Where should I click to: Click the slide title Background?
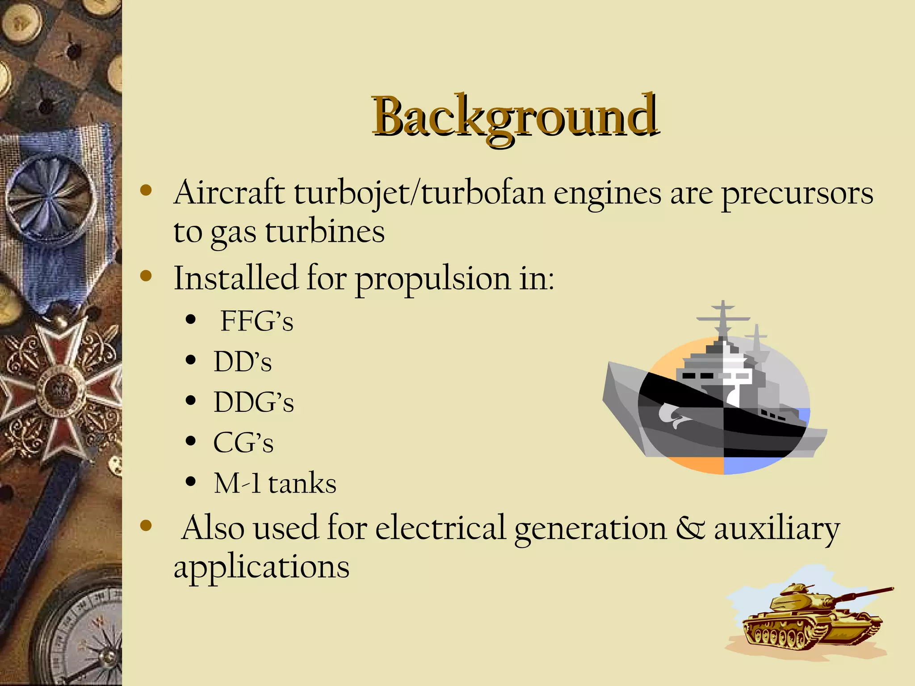point(515,117)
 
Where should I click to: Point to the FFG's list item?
point(257,321)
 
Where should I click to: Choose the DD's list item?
point(243,361)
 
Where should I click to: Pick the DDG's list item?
point(253,402)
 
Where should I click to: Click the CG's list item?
point(243,443)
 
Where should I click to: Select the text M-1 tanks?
point(275,483)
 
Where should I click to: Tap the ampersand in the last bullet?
point(690,528)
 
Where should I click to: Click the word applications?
point(261,567)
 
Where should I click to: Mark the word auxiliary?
point(776,529)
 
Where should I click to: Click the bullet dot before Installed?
point(146,276)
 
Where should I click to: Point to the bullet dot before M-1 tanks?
point(191,481)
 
